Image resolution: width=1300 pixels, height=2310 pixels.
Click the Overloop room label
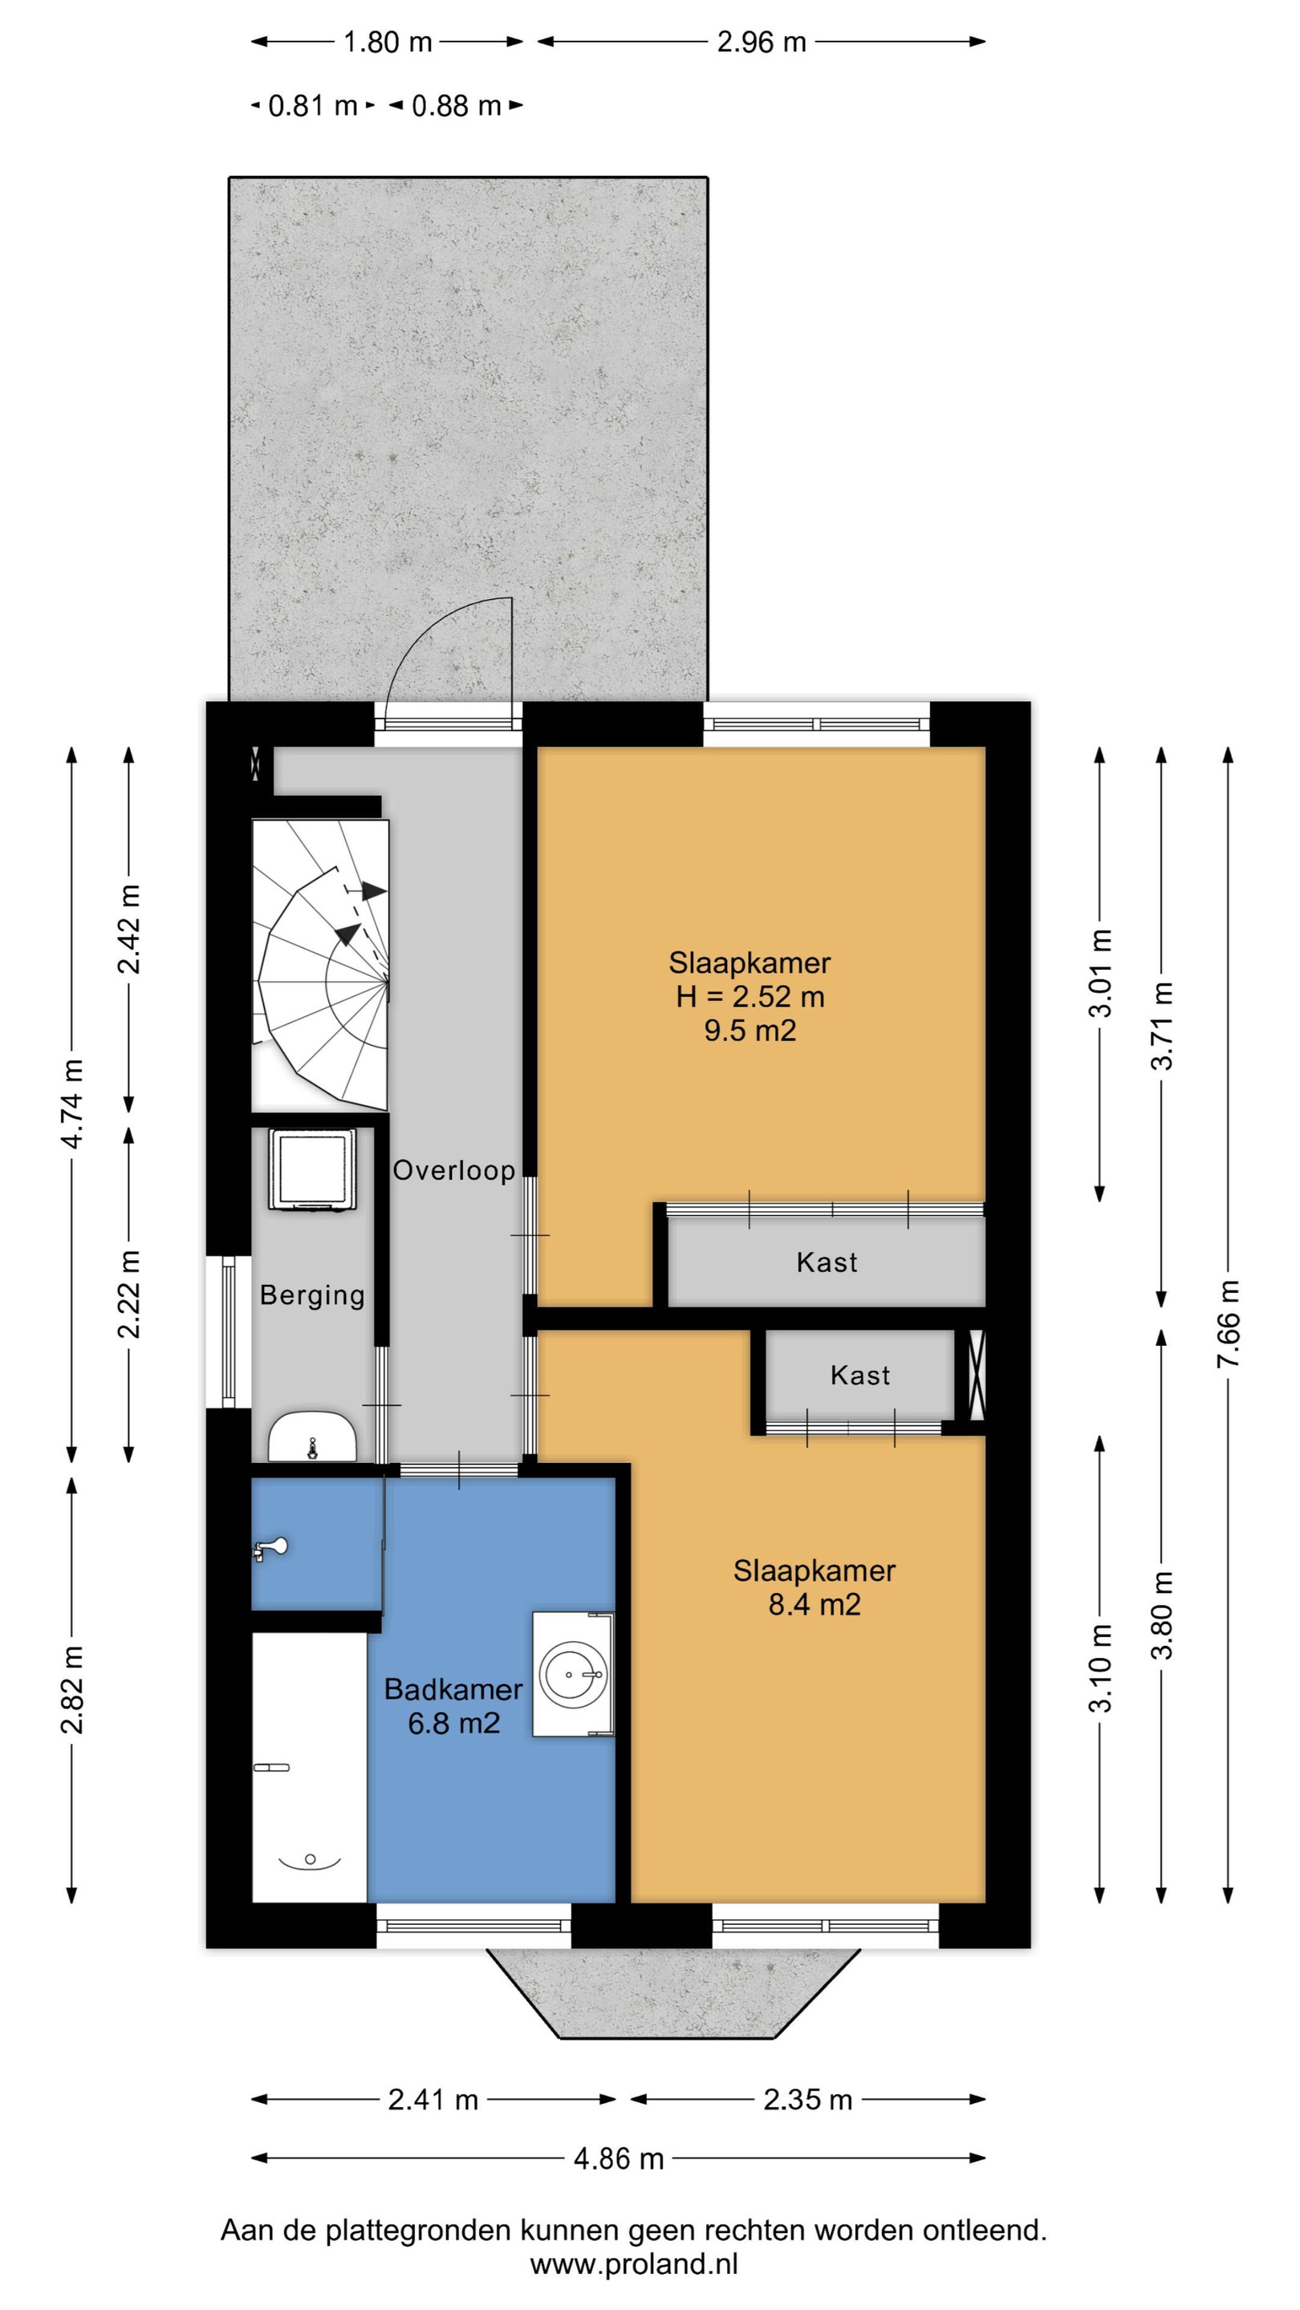pos(454,1170)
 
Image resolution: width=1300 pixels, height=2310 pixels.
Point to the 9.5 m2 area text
pos(750,1031)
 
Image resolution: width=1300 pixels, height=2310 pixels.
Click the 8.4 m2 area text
pos(815,1604)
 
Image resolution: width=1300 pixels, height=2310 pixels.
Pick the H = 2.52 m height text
pos(750,996)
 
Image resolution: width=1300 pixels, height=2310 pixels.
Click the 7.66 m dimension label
pos(1229,1323)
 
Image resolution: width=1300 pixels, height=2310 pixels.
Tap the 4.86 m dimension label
pos(618,2158)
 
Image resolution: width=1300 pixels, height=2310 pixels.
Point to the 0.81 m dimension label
pos(313,106)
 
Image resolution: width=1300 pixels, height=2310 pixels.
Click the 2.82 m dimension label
pos(73,1689)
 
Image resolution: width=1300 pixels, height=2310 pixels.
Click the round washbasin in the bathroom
pos(571,1673)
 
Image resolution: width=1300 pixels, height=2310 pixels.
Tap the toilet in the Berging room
pos(312,1436)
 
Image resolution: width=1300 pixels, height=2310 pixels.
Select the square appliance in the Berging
pos(312,1169)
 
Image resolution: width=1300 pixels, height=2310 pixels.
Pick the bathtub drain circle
pos(310,1859)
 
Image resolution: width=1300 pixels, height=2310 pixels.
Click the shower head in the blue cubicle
pos(270,1547)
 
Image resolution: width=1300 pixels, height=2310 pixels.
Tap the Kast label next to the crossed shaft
pos(860,1376)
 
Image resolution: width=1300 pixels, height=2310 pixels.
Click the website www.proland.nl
pos(634,2264)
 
